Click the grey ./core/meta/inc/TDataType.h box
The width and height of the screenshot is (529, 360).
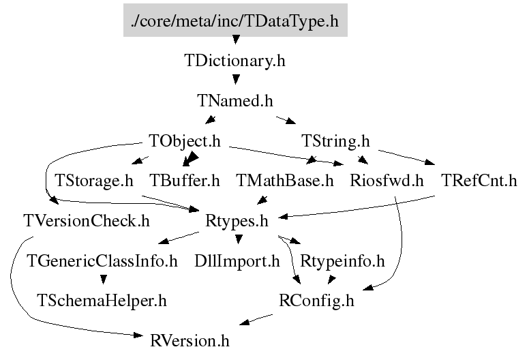(x=235, y=20)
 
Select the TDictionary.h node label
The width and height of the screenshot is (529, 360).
(x=235, y=61)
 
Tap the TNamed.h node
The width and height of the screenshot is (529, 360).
(x=235, y=101)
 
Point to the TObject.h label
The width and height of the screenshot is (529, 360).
(x=185, y=141)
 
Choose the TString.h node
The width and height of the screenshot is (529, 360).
(x=335, y=141)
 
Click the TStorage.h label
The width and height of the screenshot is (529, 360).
(x=94, y=181)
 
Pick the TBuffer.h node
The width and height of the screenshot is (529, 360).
(x=185, y=181)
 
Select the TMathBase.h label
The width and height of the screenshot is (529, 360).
(x=285, y=181)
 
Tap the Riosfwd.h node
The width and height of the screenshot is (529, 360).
(x=387, y=181)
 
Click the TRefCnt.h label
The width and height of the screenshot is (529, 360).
(x=479, y=181)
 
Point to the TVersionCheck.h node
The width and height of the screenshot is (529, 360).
(x=87, y=221)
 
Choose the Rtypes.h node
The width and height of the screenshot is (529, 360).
(x=237, y=222)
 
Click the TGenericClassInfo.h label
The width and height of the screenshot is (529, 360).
(x=102, y=261)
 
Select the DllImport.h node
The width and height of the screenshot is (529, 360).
(x=237, y=261)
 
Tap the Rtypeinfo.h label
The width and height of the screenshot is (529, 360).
(x=342, y=261)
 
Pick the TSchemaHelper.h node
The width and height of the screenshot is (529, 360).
(x=102, y=301)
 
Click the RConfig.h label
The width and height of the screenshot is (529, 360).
(x=316, y=301)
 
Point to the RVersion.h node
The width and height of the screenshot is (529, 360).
(x=190, y=341)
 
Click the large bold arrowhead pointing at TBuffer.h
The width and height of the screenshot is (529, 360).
(x=191, y=158)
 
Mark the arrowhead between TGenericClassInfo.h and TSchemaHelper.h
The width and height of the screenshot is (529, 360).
(x=104, y=280)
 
